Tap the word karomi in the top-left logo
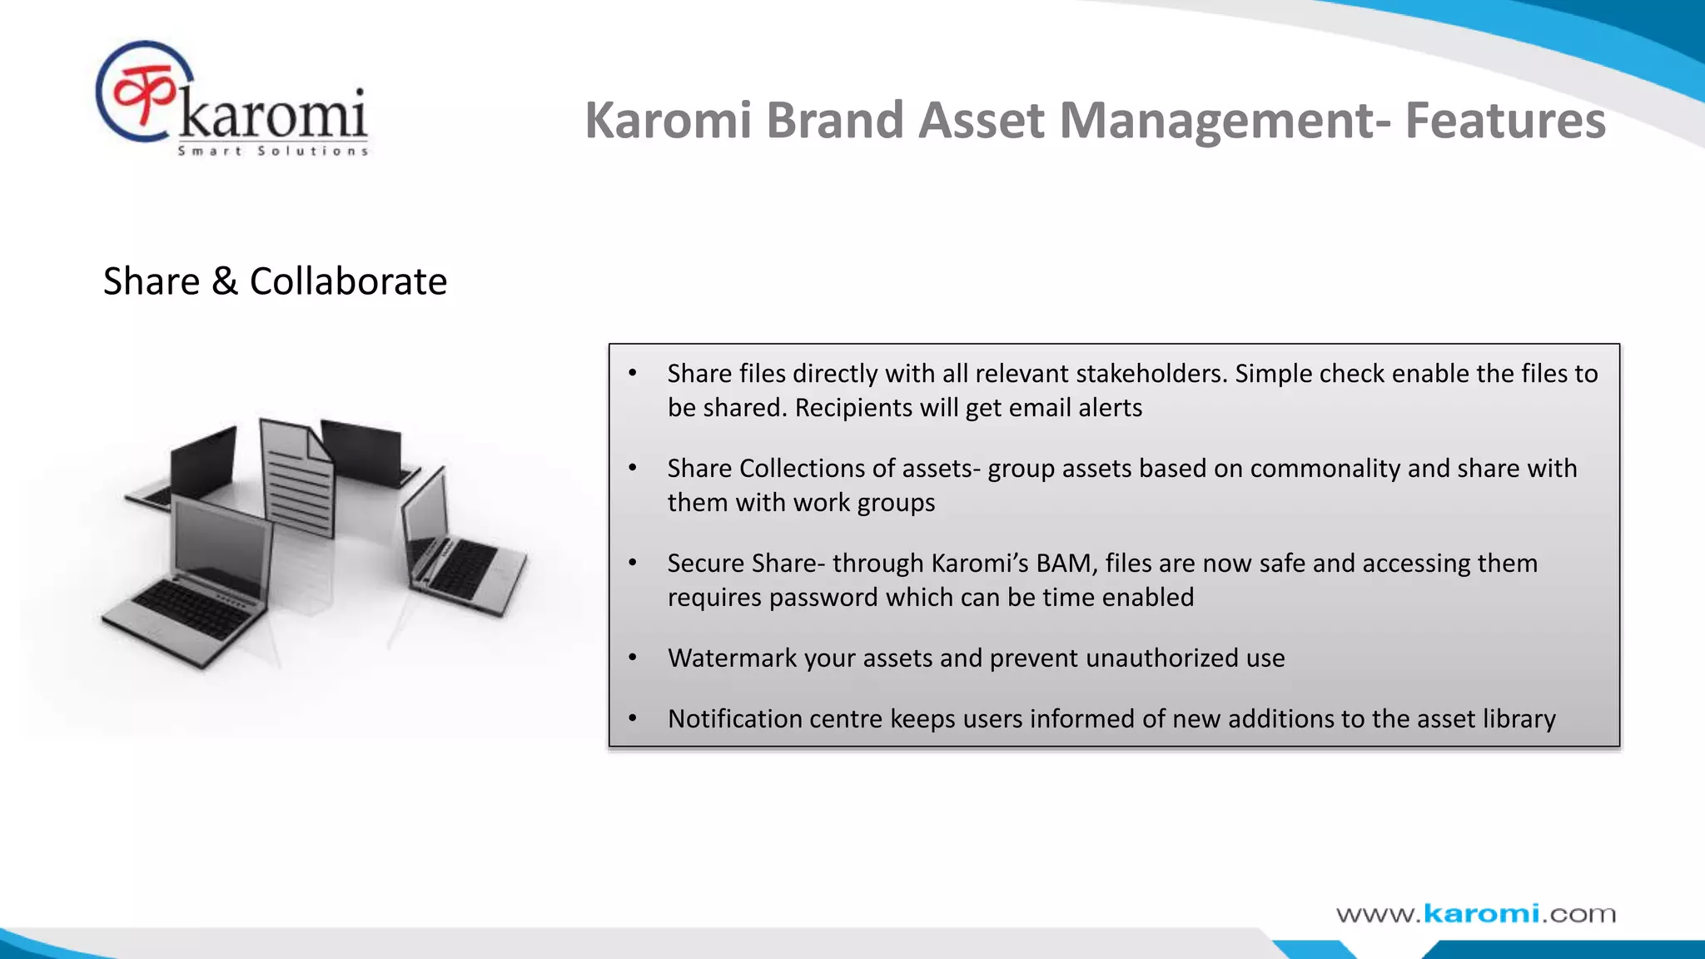(273, 115)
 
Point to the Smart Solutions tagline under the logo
(273, 152)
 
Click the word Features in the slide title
(1505, 121)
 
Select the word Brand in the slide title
(834, 121)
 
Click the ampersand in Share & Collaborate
(224, 281)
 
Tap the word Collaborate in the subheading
(348, 281)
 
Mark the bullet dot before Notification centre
(633, 718)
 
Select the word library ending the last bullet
(1519, 719)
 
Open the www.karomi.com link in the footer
(1475, 914)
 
